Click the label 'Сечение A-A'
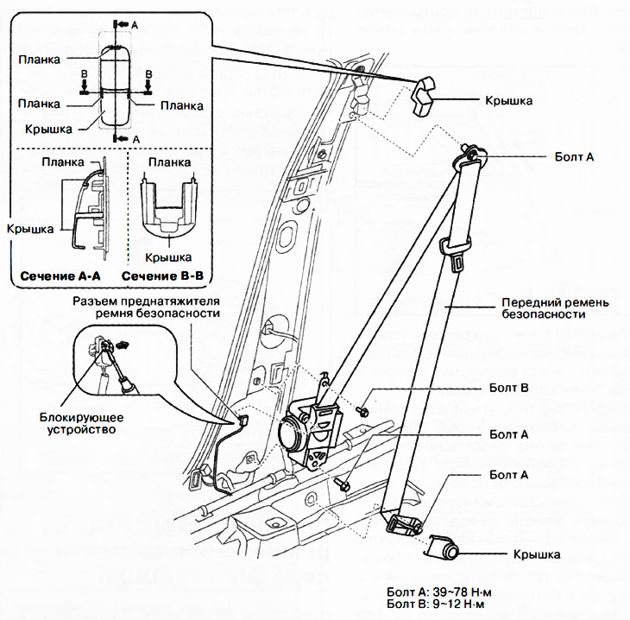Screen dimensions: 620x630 click(x=60, y=276)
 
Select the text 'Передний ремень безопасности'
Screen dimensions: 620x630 click(x=544, y=309)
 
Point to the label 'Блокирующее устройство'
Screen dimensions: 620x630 click(x=75, y=421)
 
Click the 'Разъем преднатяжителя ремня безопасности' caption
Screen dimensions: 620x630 click(x=147, y=306)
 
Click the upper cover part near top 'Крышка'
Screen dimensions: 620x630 click(x=425, y=93)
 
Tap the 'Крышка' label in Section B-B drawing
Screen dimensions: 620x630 click(x=167, y=257)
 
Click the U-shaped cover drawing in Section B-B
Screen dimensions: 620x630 click(x=169, y=216)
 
